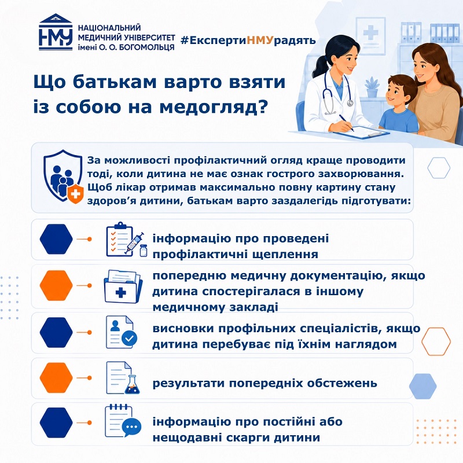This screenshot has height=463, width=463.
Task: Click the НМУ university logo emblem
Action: (56, 32)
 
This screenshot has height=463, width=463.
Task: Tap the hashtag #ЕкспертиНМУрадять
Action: (248, 40)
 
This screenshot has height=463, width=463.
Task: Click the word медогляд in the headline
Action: (213, 106)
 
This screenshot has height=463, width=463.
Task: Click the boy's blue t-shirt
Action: (398, 120)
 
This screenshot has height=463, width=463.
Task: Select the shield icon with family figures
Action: (63, 177)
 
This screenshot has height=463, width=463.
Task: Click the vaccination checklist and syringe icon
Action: (126, 240)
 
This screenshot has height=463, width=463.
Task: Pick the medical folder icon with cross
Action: (123, 286)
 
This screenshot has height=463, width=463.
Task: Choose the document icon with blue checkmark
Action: (122, 332)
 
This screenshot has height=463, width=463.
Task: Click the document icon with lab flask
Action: (123, 378)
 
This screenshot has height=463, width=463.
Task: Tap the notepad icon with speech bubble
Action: (123, 421)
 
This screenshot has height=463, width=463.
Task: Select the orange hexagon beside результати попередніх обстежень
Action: (56, 378)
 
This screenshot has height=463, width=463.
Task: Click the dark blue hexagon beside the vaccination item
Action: (56, 239)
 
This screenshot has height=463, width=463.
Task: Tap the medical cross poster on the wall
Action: (370, 32)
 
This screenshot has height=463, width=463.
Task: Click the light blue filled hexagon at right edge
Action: (423, 386)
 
